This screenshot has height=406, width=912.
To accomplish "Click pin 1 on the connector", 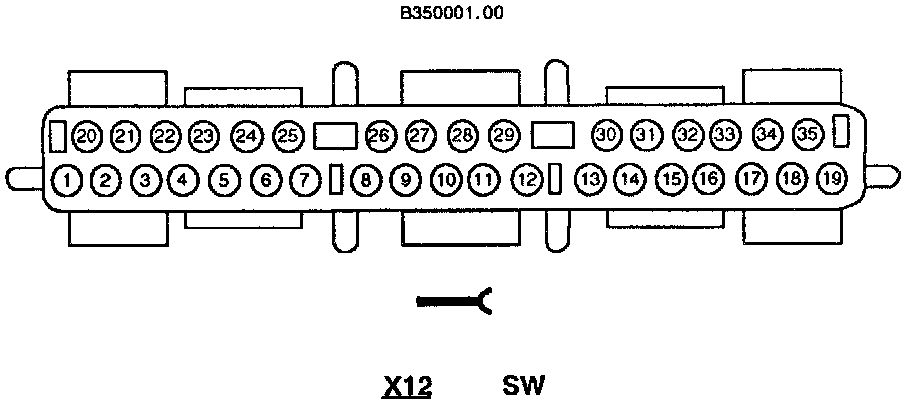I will (x=66, y=180).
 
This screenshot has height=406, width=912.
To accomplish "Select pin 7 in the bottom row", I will (x=302, y=180).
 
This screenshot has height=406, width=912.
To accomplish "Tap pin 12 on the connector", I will (x=526, y=180).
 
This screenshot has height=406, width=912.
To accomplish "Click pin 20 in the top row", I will (x=87, y=135).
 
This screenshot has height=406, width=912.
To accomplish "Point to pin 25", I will (x=287, y=135).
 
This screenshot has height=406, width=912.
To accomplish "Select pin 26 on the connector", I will (x=379, y=135).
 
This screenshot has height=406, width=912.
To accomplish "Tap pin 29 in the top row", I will (x=504, y=135).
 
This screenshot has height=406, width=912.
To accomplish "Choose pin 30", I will (x=605, y=134).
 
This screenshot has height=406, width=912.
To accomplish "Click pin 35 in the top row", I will (x=807, y=133).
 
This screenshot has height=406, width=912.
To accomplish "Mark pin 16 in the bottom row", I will (x=707, y=180).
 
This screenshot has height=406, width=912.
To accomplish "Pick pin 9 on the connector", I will (x=405, y=180).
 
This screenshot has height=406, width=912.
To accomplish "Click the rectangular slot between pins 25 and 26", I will (x=335, y=135).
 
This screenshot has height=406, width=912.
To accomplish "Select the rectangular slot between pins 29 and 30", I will (x=553, y=134).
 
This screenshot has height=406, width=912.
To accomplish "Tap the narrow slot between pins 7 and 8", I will (x=337, y=180).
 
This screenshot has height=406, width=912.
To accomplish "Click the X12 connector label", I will (x=407, y=385).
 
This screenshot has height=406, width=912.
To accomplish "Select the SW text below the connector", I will (x=523, y=385).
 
